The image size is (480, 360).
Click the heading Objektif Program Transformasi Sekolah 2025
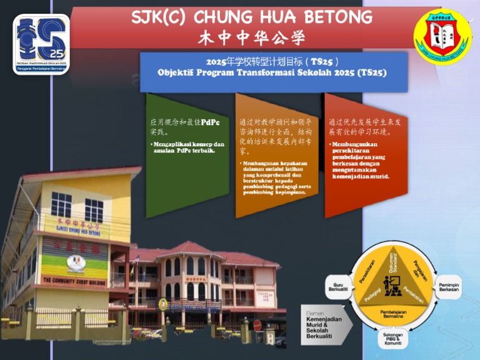[272, 72]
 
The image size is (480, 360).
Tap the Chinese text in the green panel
[185, 127]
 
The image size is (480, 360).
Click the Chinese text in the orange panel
[277, 136]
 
